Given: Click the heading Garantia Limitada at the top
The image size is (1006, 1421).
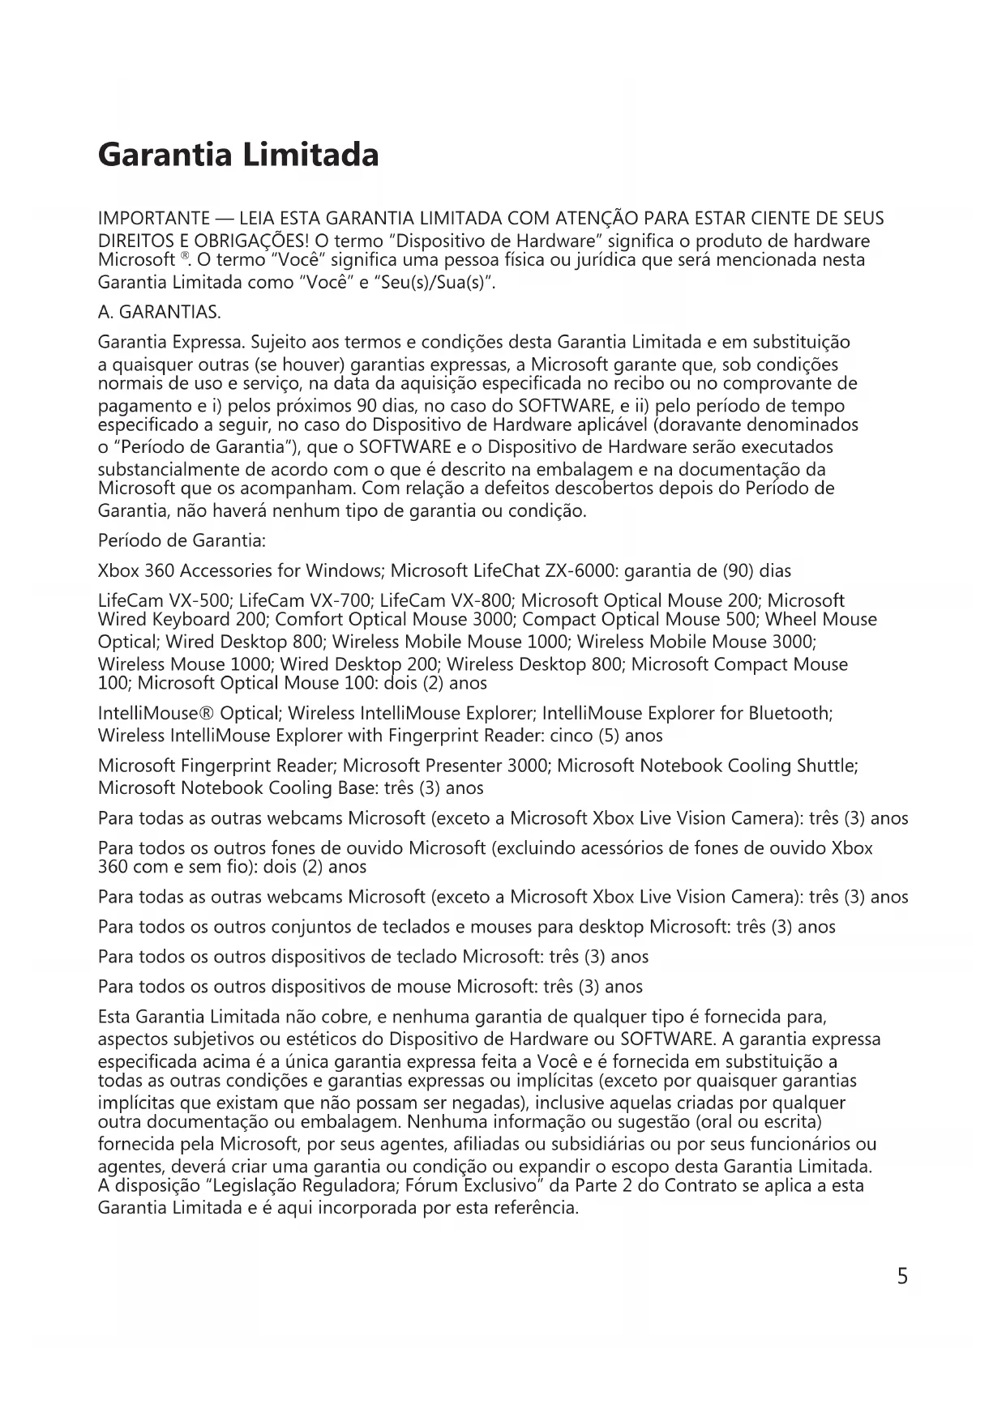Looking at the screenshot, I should click(238, 154).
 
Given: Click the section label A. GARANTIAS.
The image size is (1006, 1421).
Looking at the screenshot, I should click(159, 313).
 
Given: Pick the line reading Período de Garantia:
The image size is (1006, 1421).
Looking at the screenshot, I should click(182, 540).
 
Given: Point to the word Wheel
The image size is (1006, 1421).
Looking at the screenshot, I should click(791, 620).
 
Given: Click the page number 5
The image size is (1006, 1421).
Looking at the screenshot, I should click(902, 1277).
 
